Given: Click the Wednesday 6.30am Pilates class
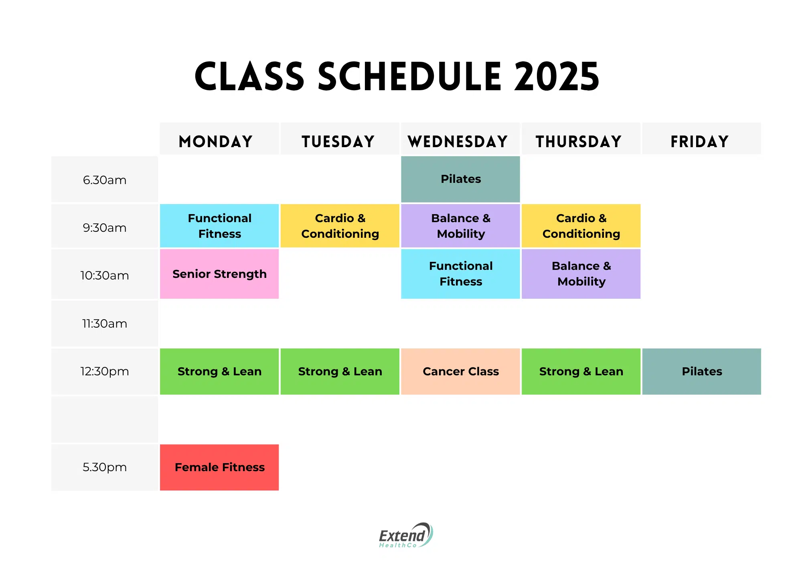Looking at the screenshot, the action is [460, 179].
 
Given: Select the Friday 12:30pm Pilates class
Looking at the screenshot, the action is [702, 371].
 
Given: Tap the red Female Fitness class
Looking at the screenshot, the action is [219, 467].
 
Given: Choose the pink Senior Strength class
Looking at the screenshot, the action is [219, 274].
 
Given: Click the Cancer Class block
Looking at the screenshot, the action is [460, 371].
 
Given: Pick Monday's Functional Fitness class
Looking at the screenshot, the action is [219, 226].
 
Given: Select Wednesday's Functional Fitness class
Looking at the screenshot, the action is [460, 274].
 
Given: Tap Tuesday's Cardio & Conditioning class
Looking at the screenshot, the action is [340, 226].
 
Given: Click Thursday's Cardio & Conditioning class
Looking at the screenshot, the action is [581, 226].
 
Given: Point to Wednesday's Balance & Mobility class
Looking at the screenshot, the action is [460, 226].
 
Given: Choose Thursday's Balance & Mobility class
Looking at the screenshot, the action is [581, 274].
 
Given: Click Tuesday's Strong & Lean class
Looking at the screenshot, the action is [340, 371].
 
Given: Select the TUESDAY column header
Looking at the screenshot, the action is [338, 142].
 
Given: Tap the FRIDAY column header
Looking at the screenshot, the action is [700, 142].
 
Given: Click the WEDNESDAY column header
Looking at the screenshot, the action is [458, 142].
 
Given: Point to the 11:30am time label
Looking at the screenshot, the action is [105, 324].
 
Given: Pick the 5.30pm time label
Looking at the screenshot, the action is [105, 467].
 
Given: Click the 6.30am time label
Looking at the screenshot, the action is [105, 180].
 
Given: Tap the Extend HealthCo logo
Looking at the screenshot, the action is [405, 536].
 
